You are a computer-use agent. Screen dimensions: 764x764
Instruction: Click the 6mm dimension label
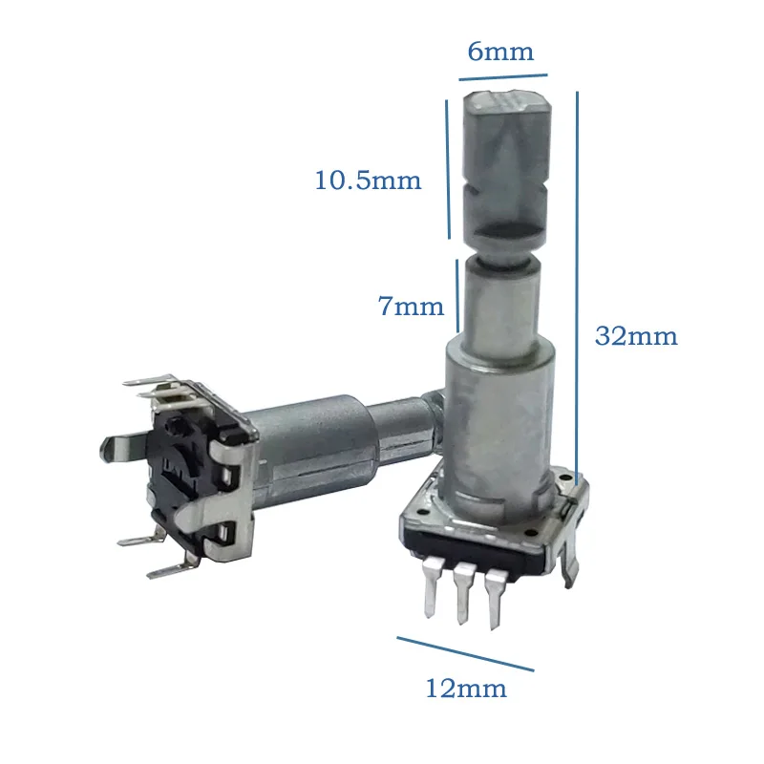(499, 51)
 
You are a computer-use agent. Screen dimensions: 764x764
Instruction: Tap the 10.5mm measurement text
(368, 180)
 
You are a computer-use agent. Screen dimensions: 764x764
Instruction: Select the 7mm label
(411, 307)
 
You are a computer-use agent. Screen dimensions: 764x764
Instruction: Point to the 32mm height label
(635, 336)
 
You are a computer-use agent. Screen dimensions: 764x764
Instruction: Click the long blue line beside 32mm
(579, 286)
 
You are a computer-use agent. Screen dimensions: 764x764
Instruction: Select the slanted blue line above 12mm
(465, 653)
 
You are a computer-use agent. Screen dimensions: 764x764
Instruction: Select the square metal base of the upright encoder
(497, 520)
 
